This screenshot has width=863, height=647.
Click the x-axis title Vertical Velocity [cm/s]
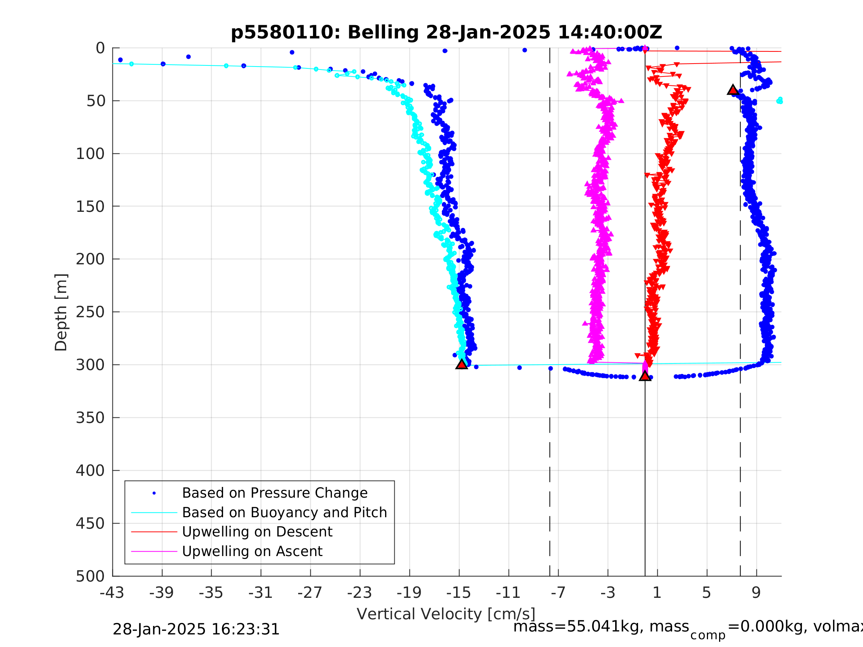coord(445,614)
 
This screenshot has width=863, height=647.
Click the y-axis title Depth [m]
coord(61,312)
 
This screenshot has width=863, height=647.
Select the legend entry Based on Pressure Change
coord(275,493)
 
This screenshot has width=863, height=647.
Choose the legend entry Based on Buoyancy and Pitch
coord(284,512)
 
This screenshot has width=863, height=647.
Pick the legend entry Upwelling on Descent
coord(257,532)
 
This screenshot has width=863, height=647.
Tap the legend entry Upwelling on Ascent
coord(252,551)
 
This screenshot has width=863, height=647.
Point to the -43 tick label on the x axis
coord(112,593)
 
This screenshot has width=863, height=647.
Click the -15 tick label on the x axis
coord(458,593)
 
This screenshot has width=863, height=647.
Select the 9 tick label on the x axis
coord(756,593)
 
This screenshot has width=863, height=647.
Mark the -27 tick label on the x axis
coord(310,593)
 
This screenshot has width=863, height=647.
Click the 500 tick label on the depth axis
coord(90,576)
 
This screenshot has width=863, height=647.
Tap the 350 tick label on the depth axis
coord(90,418)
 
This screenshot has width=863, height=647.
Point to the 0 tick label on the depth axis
coord(100,48)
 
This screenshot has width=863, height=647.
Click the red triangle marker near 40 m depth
coord(733,90)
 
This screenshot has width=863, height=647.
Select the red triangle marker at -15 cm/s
coord(462,364)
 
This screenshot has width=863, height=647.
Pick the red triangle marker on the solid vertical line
coord(645,376)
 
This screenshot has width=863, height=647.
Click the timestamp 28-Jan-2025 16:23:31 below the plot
coord(196,630)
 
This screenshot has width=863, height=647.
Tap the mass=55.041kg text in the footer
coord(601,627)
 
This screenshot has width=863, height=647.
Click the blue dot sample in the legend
coord(154,493)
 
